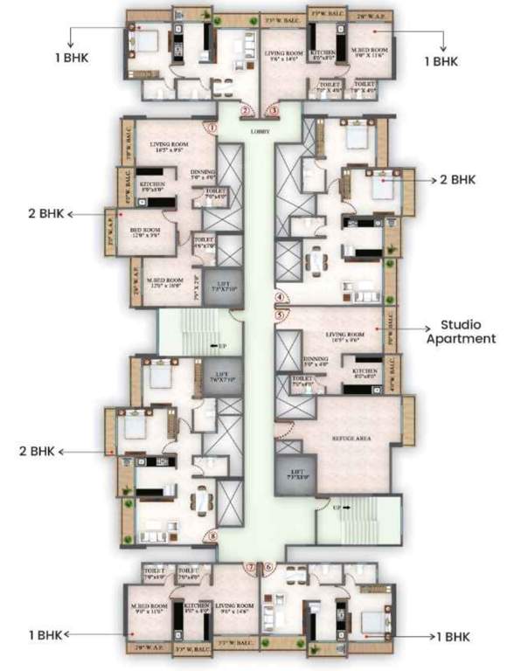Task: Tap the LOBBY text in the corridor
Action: [260, 132]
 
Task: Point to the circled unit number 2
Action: [247, 111]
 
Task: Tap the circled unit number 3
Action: [274, 111]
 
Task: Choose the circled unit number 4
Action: [281, 296]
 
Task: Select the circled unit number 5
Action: [281, 315]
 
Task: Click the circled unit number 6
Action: [268, 568]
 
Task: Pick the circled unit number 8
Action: [212, 536]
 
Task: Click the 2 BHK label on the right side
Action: [457, 179]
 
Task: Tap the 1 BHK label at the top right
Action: [441, 62]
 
